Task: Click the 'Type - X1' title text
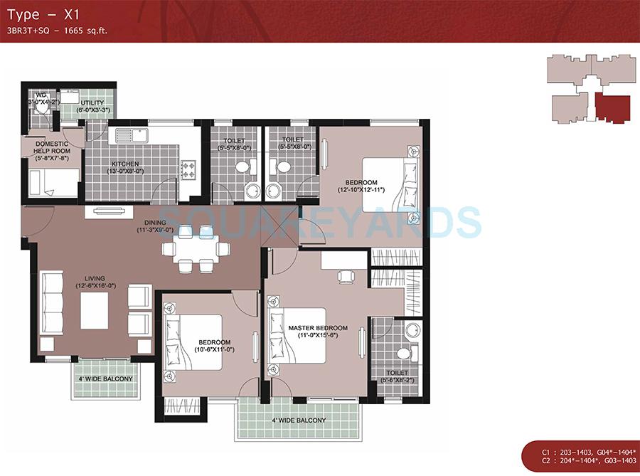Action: point(38,14)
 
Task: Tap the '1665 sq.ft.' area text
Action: point(87,31)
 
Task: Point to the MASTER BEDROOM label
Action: point(312,328)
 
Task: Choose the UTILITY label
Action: point(92,102)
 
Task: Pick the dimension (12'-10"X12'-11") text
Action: point(362,190)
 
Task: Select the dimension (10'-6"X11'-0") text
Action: point(214,350)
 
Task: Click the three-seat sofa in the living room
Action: point(52,302)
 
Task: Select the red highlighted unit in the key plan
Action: point(612,109)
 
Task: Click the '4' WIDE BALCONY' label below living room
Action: point(106,379)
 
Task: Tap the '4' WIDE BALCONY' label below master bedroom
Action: point(299,421)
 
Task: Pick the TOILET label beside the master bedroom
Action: point(398,372)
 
